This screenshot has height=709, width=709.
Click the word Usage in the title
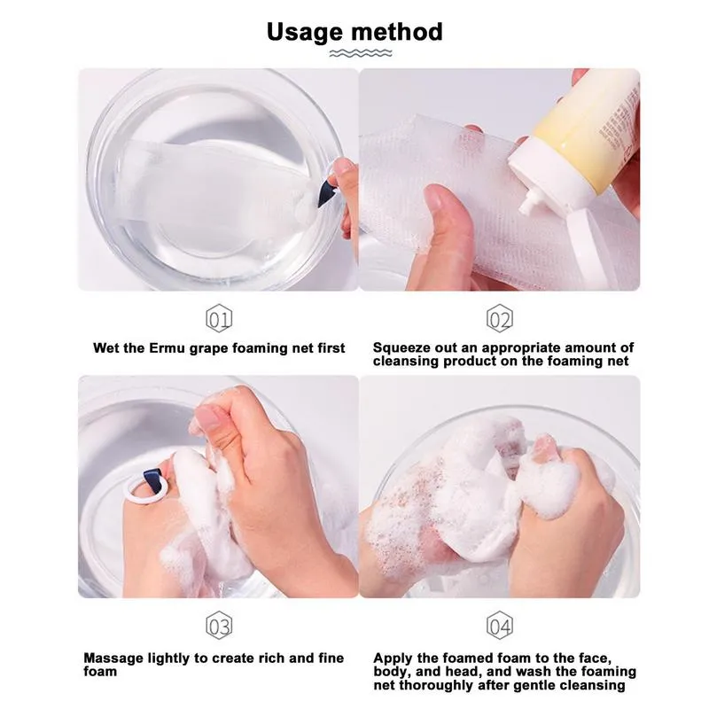pos(306,32)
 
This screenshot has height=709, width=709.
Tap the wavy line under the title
pos(354,54)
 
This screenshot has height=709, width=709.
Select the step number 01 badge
pos(219,318)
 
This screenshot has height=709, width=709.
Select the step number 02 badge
pos(500,318)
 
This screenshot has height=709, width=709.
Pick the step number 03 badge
pos(219,627)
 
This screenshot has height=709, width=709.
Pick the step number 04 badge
pos(500,627)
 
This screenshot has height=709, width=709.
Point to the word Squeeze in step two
pos(401,348)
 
